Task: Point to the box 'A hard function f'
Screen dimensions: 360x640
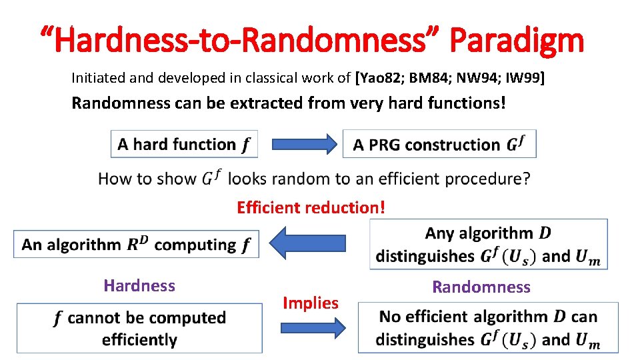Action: click(184, 144)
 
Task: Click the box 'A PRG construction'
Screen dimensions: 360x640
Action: click(439, 145)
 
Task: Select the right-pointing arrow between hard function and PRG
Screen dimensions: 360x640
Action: click(299, 144)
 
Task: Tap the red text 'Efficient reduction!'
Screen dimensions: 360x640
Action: click(311, 207)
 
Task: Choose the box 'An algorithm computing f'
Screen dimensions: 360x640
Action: click(136, 245)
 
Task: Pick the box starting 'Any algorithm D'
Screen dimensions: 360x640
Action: click(488, 245)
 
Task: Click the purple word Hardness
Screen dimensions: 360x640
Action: click(139, 286)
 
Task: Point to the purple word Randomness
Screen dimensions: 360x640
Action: click(481, 287)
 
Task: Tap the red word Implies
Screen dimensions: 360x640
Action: click(311, 303)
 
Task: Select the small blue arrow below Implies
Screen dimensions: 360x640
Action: click(311, 327)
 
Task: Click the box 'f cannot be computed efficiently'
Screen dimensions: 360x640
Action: click(139, 328)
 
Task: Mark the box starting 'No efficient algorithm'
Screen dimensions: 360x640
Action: click(488, 328)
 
